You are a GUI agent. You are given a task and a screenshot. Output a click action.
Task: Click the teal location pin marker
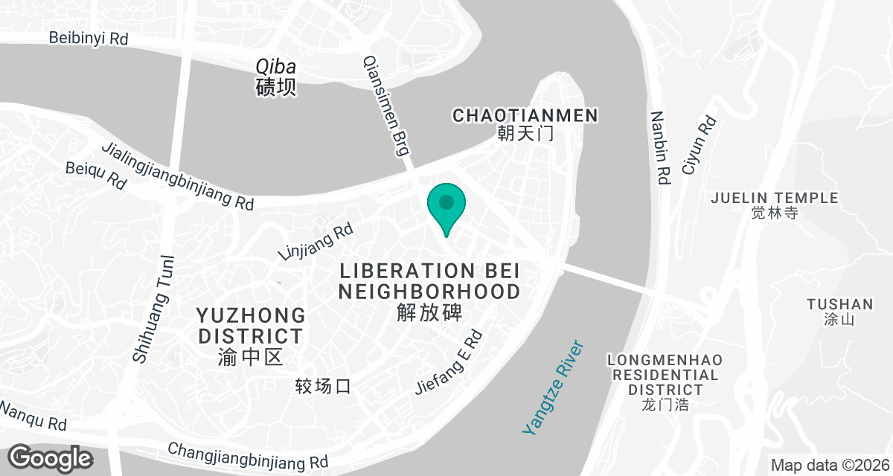pyautogui.click(x=446, y=205)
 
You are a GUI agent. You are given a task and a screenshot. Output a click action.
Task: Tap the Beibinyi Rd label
pyautogui.click(x=89, y=39)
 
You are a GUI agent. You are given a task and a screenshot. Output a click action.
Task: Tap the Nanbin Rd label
pyautogui.click(x=660, y=148)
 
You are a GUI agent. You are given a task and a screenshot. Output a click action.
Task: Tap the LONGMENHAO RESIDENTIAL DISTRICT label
pyautogui.click(x=665, y=375)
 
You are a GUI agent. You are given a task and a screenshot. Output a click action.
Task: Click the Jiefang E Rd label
pyautogui.click(x=450, y=362)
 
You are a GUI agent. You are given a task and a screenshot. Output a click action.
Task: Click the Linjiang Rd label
pyautogui.click(x=315, y=242)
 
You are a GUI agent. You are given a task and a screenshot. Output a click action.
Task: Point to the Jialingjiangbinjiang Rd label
pyautogui.click(x=178, y=176)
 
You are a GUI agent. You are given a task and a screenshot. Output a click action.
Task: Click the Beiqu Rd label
pyautogui.click(x=96, y=176)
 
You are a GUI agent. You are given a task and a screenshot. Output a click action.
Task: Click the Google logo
pyautogui.click(x=50, y=457)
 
